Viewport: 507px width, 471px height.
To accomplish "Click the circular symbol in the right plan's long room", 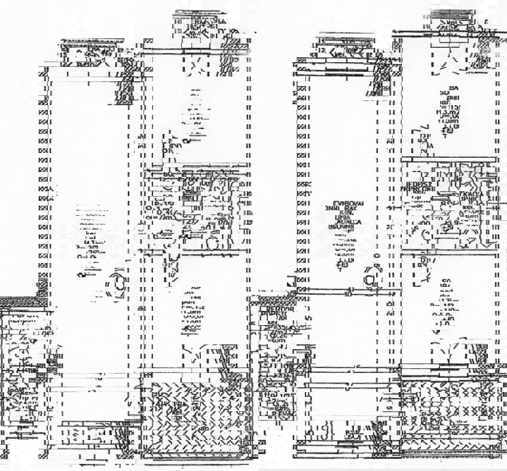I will (x=371, y=280).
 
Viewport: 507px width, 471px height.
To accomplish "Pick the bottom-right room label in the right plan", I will (x=445, y=305).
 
